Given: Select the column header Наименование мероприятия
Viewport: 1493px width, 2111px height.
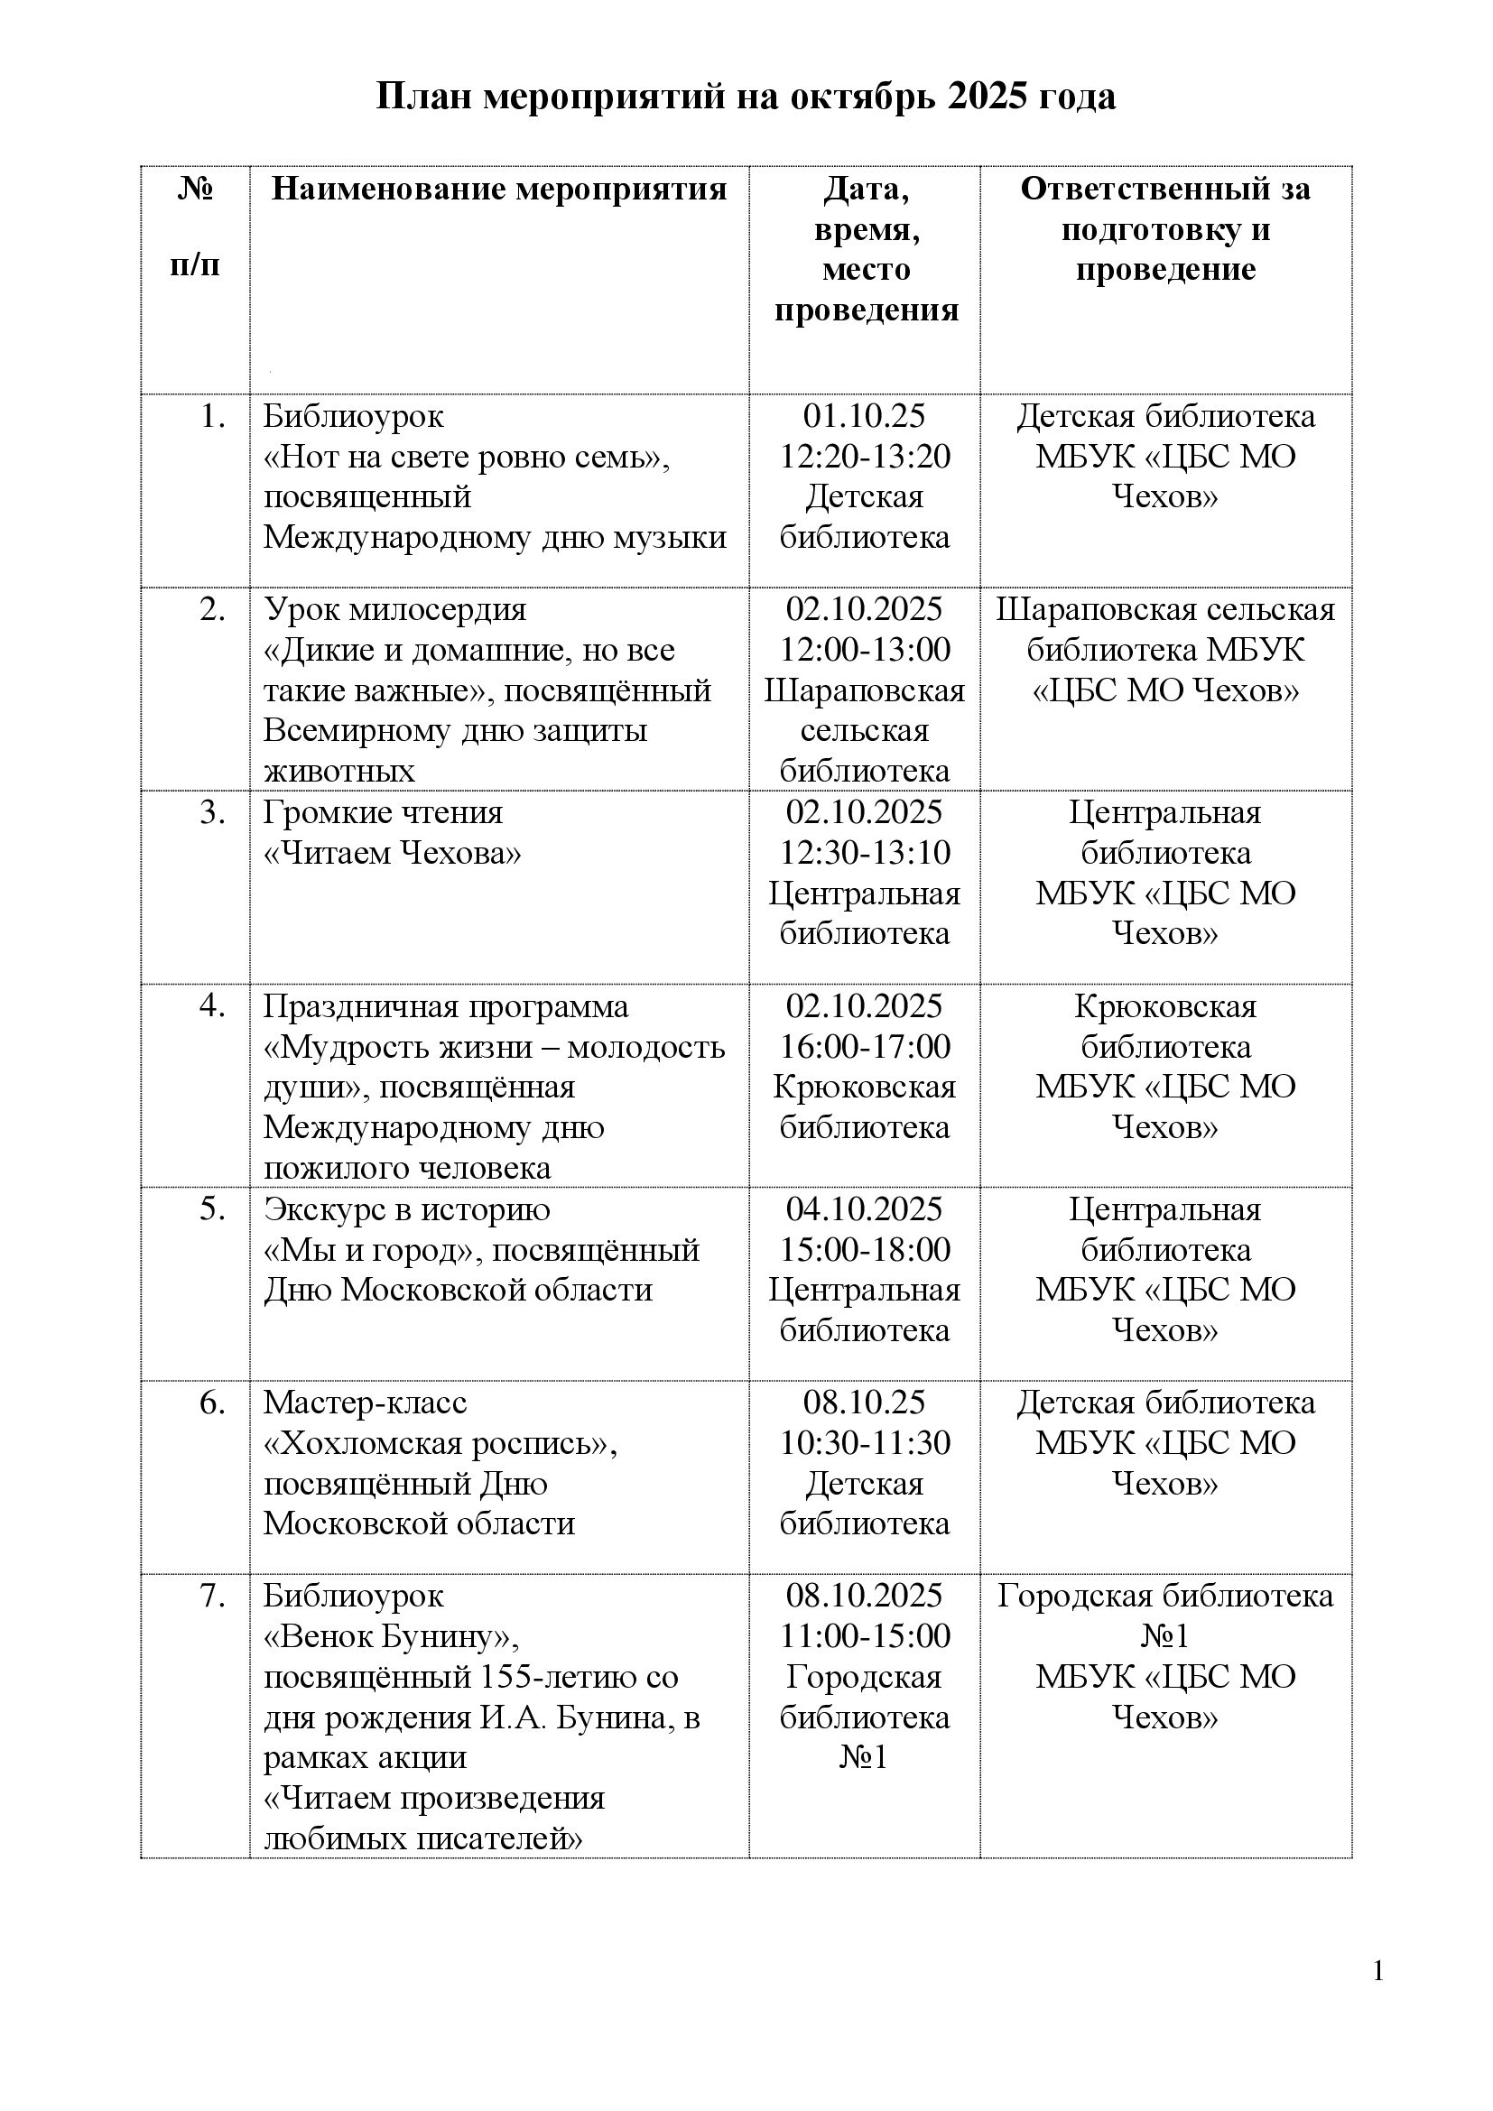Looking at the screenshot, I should coord(499,190).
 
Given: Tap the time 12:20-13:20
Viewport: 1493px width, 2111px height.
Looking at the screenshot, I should coord(865,456).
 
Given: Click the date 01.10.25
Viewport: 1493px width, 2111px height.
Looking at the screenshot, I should coord(865,415).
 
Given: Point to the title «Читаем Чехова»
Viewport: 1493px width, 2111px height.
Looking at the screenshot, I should coord(393,853).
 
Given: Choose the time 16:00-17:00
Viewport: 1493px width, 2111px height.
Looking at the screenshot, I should coord(865,1046).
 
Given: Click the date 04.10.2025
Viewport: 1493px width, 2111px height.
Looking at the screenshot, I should coord(865,1209).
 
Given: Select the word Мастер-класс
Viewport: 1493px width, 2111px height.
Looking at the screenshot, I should coord(365,1403).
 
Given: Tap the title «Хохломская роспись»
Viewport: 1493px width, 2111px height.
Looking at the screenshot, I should coord(440,1443).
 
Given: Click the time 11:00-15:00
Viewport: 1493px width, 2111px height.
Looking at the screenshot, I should coord(865,1636).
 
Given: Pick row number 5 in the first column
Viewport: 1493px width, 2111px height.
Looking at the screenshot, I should coord(212,1209).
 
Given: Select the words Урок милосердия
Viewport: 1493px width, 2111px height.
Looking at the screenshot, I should coord(395,609).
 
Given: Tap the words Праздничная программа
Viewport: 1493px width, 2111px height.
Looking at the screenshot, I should coord(446,1007).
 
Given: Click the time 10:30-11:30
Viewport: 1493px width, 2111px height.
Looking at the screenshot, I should coord(865,1443).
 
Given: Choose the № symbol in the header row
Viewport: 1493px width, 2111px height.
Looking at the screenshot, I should coord(195,190).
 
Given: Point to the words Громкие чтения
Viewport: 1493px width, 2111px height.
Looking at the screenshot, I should coord(384,813).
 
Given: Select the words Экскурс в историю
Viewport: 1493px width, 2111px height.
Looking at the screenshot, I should coord(407,1209).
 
